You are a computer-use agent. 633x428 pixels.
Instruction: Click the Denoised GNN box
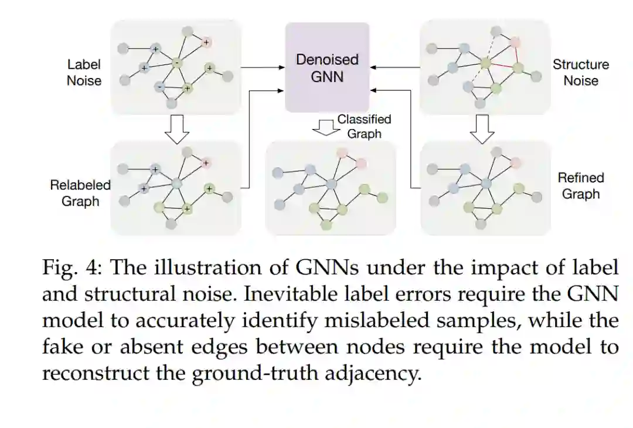(327, 67)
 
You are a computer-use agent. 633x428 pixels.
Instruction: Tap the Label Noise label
(84, 73)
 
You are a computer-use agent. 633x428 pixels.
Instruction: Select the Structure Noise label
(580, 73)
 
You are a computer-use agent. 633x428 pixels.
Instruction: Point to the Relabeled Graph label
(80, 193)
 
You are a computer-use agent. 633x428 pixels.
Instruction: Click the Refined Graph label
(580, 185)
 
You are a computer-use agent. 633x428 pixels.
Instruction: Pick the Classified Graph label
(364, 126)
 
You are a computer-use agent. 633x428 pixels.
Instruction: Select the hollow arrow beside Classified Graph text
(323, 127)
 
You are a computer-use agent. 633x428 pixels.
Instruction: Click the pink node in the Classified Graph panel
(361, 162)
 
